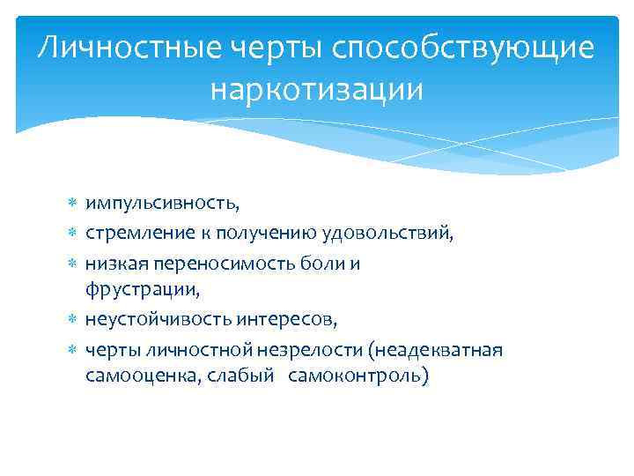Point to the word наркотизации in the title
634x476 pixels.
tap(317, 89)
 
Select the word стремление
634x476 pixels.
tap(130, 234)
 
